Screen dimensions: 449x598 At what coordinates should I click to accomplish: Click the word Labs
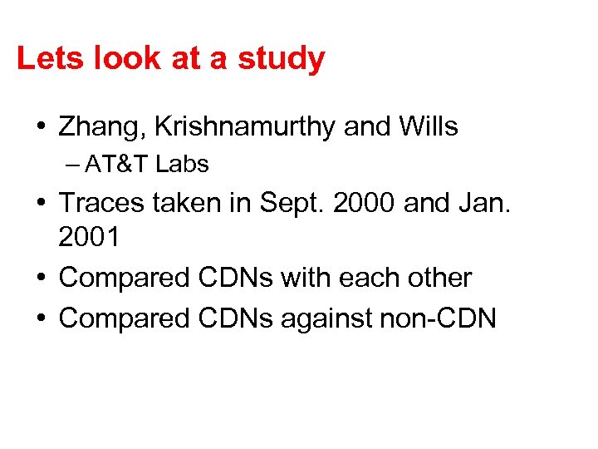[182, 165]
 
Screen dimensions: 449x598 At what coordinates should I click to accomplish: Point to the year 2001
[89, 238]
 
